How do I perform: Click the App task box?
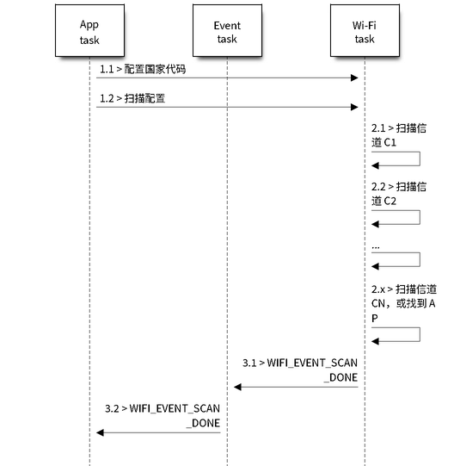click(89, 30)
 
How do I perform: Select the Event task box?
click(227, 30)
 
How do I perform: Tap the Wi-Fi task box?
click(365, 30)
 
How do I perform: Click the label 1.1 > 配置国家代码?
click(143, 69)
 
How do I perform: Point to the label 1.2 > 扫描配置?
click(132, 98)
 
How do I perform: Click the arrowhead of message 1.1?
click(354, 78)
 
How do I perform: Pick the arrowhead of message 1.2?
click(354, 107)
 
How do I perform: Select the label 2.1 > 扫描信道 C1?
click(399, 135)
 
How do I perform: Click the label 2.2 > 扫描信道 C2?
click(399, 194)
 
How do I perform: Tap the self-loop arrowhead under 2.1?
click(375, 165)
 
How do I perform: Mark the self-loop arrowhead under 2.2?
click(375, 224)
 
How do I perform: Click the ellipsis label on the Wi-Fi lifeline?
click(376, 247)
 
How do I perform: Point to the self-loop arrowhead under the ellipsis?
click(375, 266)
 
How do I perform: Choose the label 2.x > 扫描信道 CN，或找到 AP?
click(404, 303)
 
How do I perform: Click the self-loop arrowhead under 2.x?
click(375, 341)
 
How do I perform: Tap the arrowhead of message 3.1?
click(237, 387)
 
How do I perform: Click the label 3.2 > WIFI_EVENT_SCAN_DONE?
click(163, 415)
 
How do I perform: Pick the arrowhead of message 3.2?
click(100, 432)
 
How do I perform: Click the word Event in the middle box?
click(227, 26)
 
